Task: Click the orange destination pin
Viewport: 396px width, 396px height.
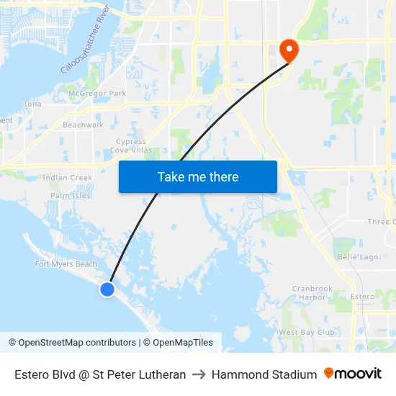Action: tap(289, 50)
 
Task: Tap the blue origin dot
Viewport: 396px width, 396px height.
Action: tap(107, 289)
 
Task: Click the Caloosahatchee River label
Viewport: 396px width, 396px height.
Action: tap(85, 41)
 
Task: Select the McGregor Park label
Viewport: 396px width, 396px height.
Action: tap(97, 94)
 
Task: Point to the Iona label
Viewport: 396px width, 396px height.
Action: tap(33, 104)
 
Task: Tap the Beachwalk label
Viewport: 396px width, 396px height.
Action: tap(83, 125)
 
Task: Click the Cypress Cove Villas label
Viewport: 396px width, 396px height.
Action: tap(131, 146)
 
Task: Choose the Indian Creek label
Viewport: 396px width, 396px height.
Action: tap(67, 178)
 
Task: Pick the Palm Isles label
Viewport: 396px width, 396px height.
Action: tap(71, 195)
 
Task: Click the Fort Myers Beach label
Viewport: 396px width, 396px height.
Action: tap(66, 264)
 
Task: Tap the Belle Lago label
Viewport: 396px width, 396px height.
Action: tap(357, 256)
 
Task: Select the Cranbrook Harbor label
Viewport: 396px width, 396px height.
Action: tap(312, 292)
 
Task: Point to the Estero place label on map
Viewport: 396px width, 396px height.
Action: tap(362, 297)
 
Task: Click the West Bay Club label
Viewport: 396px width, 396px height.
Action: tap(307, 332)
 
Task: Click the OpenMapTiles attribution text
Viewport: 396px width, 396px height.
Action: tap(182, 343)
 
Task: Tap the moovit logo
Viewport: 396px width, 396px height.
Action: tap(353, 374)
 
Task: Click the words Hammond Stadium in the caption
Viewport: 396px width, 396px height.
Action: tap(264, 374)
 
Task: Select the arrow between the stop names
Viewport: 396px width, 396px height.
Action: tap(199, 374)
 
